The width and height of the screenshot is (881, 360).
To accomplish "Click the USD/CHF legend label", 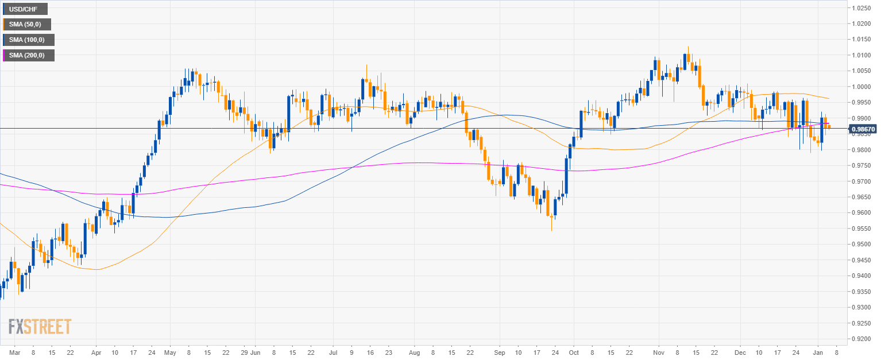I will [25, 9].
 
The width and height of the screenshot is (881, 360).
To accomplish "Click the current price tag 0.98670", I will [862, 129].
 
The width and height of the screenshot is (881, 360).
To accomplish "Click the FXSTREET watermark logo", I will [40, 327].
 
